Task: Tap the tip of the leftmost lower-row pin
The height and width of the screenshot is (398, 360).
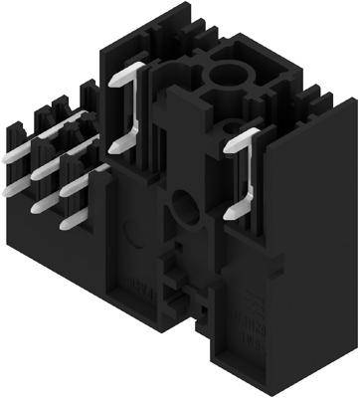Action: coord(6,188)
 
